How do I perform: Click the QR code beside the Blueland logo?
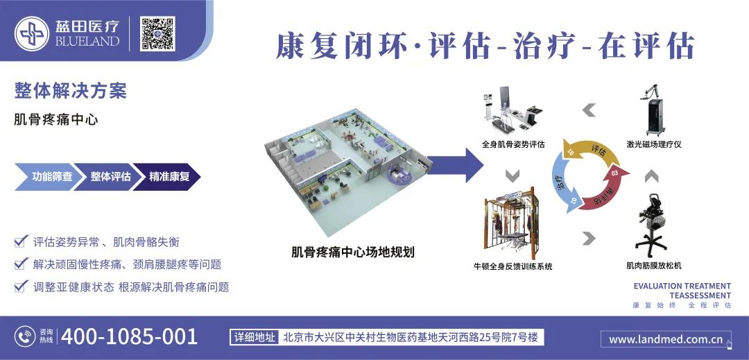click(x=157, y=33)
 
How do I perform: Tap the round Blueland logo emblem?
click(x=32, y=33)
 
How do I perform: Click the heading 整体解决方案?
click(x=70, y=91)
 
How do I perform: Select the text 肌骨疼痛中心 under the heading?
click(x=56, y=119)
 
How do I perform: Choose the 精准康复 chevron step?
click(x=169, y=177)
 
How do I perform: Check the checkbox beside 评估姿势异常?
click(x=20, y=242)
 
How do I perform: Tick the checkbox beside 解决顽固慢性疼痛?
click(x=20, y=264)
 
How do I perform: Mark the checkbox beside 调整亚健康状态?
click(x=20, y=286)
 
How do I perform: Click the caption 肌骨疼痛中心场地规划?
click(x=352, y=252)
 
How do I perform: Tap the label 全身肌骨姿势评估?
click(x=513, y=145)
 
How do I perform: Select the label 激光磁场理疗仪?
click(x=654, y=145)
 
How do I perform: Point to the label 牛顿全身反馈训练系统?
click(x=513, y=266)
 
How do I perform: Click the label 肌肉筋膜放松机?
click(x=653, y=266)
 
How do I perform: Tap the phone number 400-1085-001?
click(x=130, y=337)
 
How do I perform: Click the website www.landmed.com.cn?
click(x=665, y=340)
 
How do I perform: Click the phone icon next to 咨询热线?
click(x=25, y=337)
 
